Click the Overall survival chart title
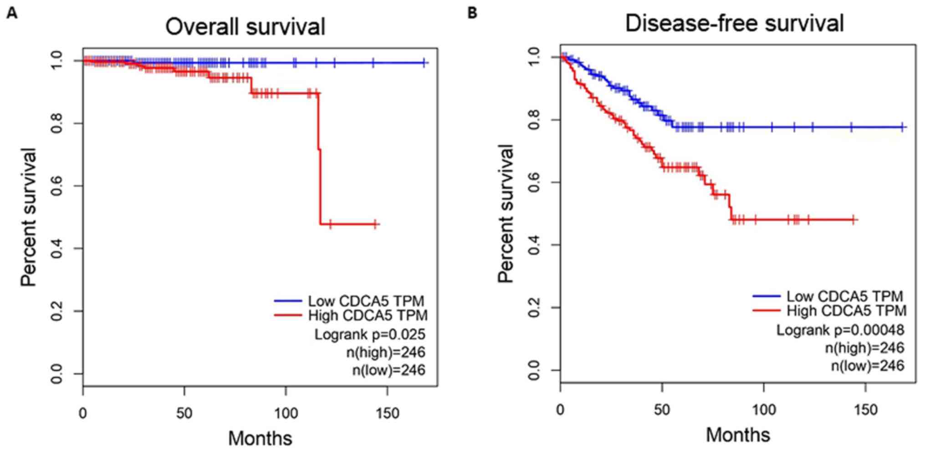click(x=245, y=26)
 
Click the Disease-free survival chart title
click(x=734, y=23)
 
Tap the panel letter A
click(x=12, y=14)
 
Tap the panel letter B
click(x=473, y=13)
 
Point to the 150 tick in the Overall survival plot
click(x=388, y=413)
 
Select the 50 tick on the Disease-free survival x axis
click(x=662, y=410)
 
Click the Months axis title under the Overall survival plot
click(x=260, y=438)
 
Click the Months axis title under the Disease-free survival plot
click(x=738, y=434)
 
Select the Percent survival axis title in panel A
click(x=29, y=217)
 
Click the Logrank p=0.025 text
click(x=369, y=334)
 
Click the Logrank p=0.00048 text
click(x=840, y=330)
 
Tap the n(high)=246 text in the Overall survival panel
click(x=385, y=352)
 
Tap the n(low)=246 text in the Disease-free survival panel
click(x=867, y=366)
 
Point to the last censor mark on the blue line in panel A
click(x=424, y=63)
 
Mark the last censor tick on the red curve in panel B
click(x=853, y=220)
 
